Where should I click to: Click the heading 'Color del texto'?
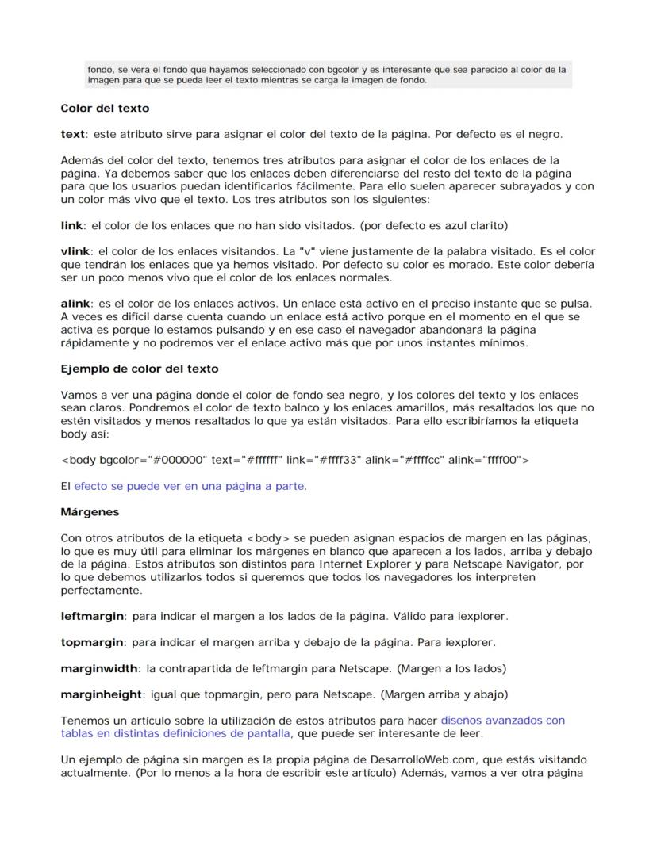click(105, 109)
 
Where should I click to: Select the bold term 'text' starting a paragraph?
click(72, 134)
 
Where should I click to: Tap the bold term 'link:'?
click(73, 226)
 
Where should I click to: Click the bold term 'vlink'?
click(75, 251)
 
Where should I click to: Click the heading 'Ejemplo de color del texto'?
click(140, 369)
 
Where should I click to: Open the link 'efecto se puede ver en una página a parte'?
click(190, 486)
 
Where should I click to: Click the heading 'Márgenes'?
click(90, 512)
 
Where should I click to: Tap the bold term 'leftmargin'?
click(92, 616)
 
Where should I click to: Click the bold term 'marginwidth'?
click(99, 668)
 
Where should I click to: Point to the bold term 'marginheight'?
click(102, 694)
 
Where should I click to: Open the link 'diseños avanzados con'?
click(502, 721)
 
